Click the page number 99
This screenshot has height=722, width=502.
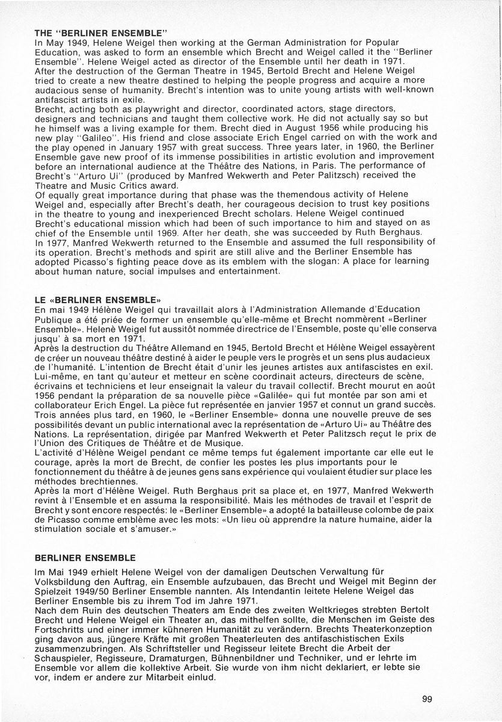[427, 699]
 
